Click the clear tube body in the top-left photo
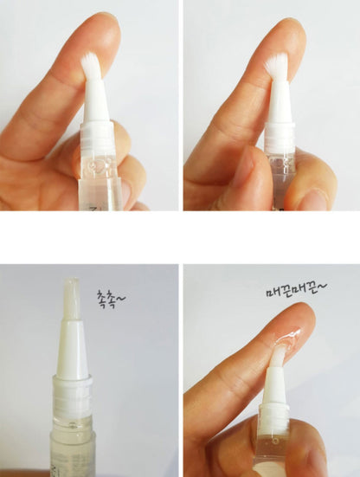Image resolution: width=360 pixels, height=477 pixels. [100, 177]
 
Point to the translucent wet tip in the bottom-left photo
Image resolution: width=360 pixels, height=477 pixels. [71, 299]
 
